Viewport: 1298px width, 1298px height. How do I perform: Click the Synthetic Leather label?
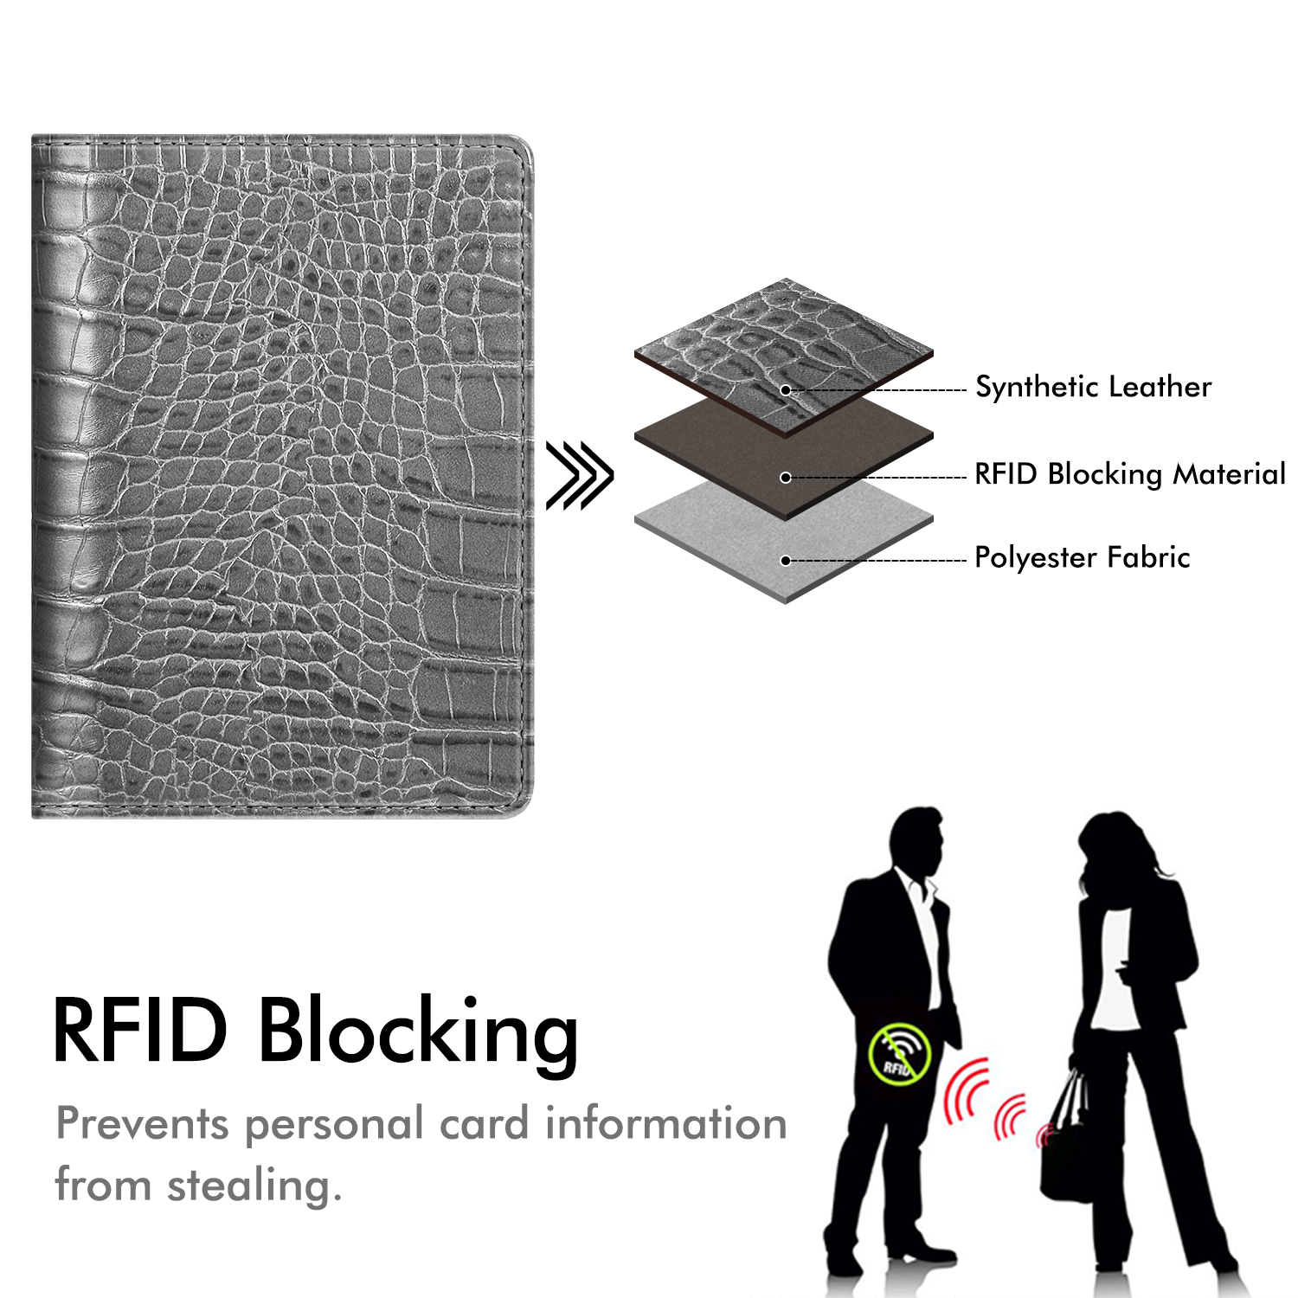1093,387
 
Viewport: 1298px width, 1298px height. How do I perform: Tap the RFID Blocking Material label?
1130,474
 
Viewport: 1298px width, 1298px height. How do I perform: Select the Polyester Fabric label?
1082,557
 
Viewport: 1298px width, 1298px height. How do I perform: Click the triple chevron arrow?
579,475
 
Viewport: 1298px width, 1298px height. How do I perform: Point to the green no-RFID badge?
899,1054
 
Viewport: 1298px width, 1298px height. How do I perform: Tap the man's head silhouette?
918,842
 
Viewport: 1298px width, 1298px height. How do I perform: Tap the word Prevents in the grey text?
143,1124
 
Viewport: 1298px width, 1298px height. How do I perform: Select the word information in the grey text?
665,1123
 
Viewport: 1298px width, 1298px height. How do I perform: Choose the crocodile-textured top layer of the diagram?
784,355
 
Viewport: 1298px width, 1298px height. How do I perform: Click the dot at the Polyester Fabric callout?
786,561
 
